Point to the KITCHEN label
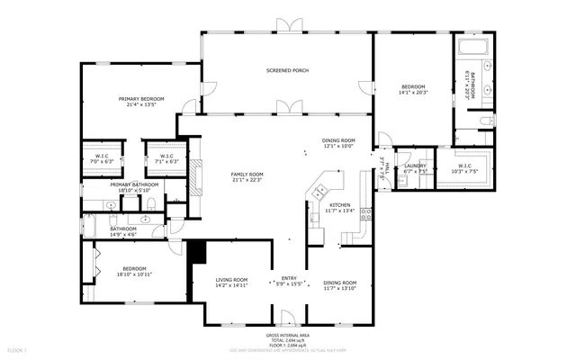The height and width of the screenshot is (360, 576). (x=339, y=205)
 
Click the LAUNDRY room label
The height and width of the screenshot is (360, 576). (x=415, y=166)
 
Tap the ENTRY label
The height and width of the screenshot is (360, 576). (x=289, y=278)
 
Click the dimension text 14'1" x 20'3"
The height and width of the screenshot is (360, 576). (x=415, y=92)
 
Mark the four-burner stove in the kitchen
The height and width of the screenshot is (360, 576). (x=366, y=214)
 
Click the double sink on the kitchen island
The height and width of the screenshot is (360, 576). (x=318, y=192)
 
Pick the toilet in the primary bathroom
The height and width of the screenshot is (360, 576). (x=154, y=206)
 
